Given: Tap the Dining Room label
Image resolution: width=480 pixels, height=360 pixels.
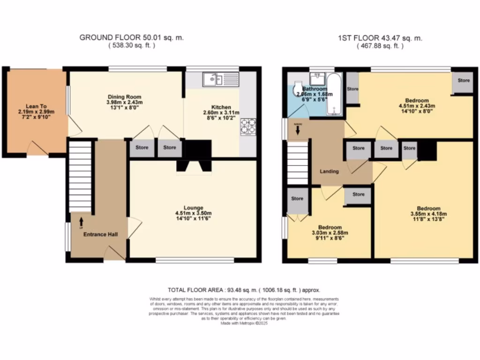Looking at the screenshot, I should (x=124, y=97).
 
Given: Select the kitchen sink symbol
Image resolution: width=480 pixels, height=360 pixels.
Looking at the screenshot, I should (x=220, y=79).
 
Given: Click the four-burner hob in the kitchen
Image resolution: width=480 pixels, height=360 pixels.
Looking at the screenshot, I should (x=247, y=126).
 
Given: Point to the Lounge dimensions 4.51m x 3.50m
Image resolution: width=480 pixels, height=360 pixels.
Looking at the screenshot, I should (x=193, y=213).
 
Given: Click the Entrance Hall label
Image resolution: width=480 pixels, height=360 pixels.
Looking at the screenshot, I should (x=100, y=234).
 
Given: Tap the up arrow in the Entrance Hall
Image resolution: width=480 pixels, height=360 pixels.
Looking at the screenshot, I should (x=81, y=220).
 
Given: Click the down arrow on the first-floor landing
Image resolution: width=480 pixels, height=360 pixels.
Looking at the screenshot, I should (x=297, y=129).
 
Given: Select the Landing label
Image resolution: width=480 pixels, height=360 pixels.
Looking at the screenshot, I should (x=329, y=172).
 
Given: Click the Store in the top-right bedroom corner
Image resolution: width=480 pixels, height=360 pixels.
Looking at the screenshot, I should (x=463, y=82).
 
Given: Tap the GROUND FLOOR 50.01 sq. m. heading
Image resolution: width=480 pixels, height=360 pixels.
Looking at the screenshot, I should (x=131, y=38).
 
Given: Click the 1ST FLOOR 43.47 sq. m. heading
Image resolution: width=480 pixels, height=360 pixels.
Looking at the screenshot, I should (x=380, y=38).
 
